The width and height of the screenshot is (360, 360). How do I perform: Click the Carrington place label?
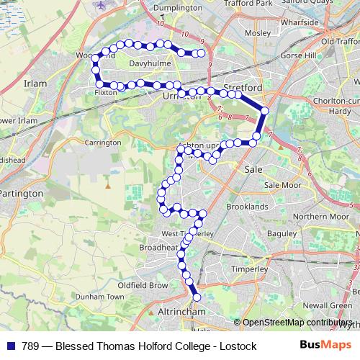102,143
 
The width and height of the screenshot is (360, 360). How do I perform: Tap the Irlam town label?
35,84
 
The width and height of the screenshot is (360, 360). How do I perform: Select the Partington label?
21,194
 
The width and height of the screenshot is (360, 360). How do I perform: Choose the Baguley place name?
281,234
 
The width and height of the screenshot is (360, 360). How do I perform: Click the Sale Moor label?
282,185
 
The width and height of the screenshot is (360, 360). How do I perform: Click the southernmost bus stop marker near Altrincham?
195,297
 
